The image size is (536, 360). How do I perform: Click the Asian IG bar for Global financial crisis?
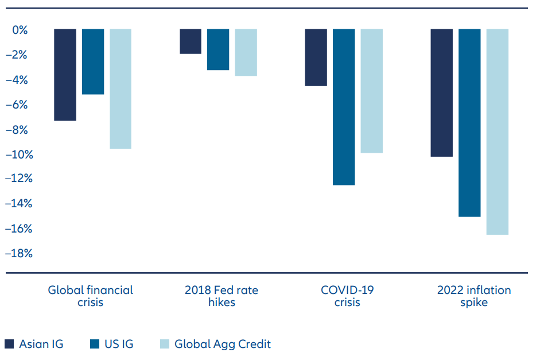coord(65,75)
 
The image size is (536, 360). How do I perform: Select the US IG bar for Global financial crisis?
coord(93,61)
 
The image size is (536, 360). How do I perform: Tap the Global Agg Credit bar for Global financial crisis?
coord(121,88)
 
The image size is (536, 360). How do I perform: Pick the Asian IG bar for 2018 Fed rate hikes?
coord(191,41)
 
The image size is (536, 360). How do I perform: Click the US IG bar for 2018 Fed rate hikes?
coord(218,49)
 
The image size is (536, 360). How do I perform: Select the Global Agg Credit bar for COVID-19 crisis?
coord(371,91)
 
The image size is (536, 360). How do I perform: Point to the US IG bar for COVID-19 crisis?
coord(344,107)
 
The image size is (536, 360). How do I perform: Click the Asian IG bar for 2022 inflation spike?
coord(441,92)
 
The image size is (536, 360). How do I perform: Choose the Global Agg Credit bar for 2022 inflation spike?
coord(497,131)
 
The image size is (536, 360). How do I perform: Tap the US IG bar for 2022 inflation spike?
coord(469,122)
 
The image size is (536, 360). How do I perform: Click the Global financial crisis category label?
coord(90,296)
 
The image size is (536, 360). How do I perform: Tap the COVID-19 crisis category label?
coord(347,296)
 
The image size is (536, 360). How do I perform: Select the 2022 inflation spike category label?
coord(473,296)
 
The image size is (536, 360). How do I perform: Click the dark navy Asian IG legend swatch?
coord(9,344)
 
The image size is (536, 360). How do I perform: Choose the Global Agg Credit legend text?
coord(222,344)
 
